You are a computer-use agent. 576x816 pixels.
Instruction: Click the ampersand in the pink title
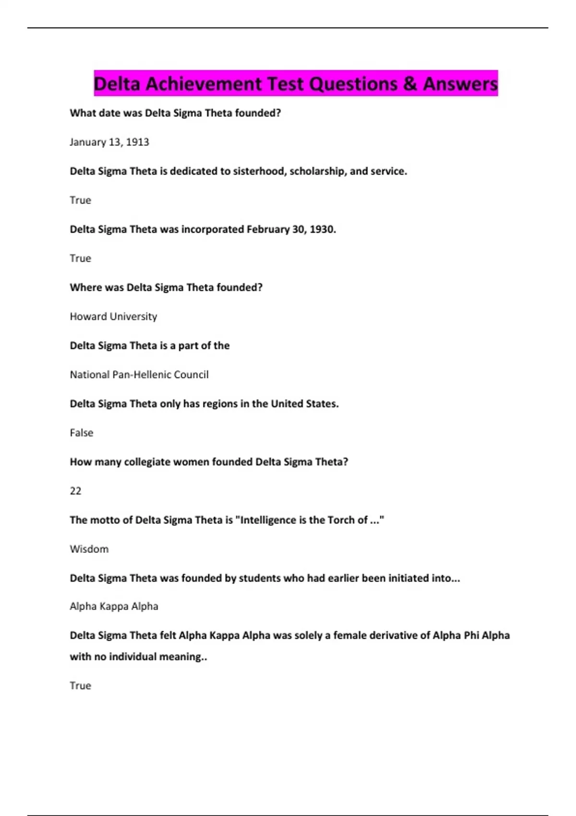pyautogui.click(x=410, y=84)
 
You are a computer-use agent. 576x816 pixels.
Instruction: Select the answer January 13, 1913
pyautogui.click(x=109, y=142)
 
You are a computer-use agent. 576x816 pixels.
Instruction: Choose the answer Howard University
pyautogui.click(x=113, y=316)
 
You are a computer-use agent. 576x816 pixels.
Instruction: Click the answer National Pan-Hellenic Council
pyautogui.click(x=139, y=374)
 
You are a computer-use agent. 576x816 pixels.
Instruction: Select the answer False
pyautogui.click(x=82, y=432)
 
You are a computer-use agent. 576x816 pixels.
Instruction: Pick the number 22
pyautogui.click(x=76, y=491)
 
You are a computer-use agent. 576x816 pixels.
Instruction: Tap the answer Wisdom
pyautogui.click(x=89, y=549)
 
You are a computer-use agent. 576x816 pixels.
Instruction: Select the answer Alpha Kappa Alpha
pyautogui.click(x=114, y=606)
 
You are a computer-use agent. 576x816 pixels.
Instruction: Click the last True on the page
pyautogui.click(x=80, y=685)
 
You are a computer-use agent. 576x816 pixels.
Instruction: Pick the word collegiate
pyautogui.click(x=147, y=462)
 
